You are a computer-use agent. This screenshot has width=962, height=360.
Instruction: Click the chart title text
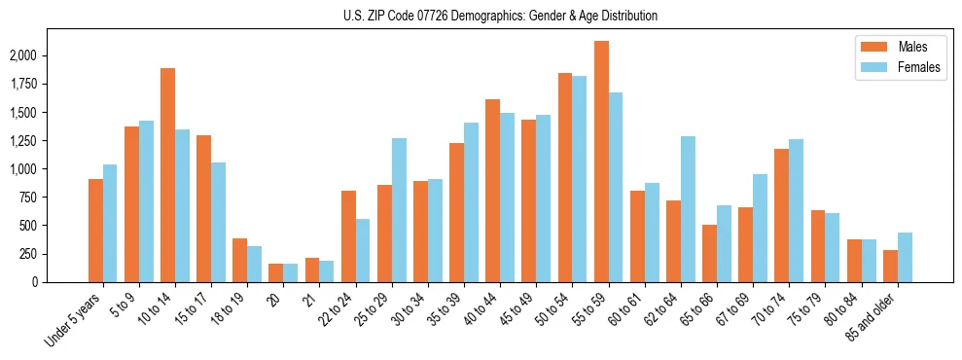click(x=500, y=16)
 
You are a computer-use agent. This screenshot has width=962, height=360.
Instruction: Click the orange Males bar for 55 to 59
click(x=601, y=162)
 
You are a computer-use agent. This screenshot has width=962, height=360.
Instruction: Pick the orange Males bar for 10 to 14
click(x=167, y=175)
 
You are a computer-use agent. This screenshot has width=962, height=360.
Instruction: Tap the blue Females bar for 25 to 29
click(x=399, y=210)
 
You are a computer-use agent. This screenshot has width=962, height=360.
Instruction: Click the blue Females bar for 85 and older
click(x=905, y=257)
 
